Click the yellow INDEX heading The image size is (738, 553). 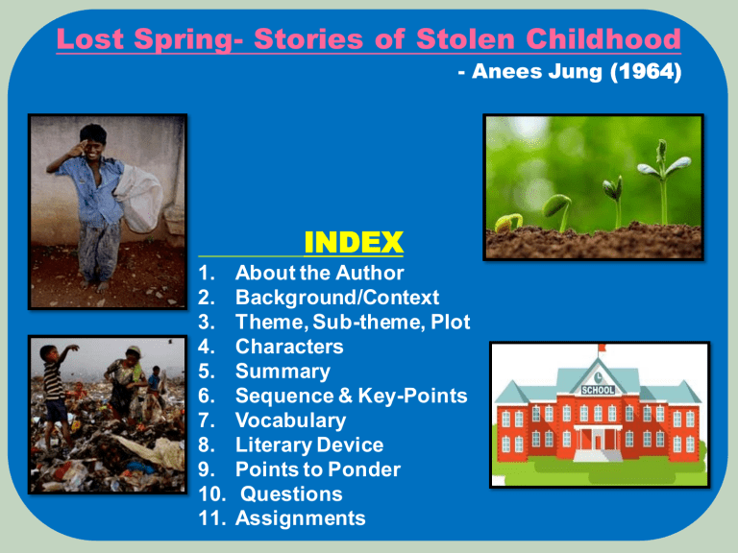click(353, 241)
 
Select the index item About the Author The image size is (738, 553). click(319, 273)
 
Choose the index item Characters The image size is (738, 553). click(289, 347)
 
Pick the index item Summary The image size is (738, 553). click(283, 372)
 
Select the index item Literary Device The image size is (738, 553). click(308, 445)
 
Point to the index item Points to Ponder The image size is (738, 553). click(318, 470)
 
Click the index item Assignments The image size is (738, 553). click(301, 519)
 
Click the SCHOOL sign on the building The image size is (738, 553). click(599, 390)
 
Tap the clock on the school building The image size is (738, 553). click(599, 375)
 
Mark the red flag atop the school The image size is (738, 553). click(603, 347)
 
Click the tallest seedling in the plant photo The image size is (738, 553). click(661, 173)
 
